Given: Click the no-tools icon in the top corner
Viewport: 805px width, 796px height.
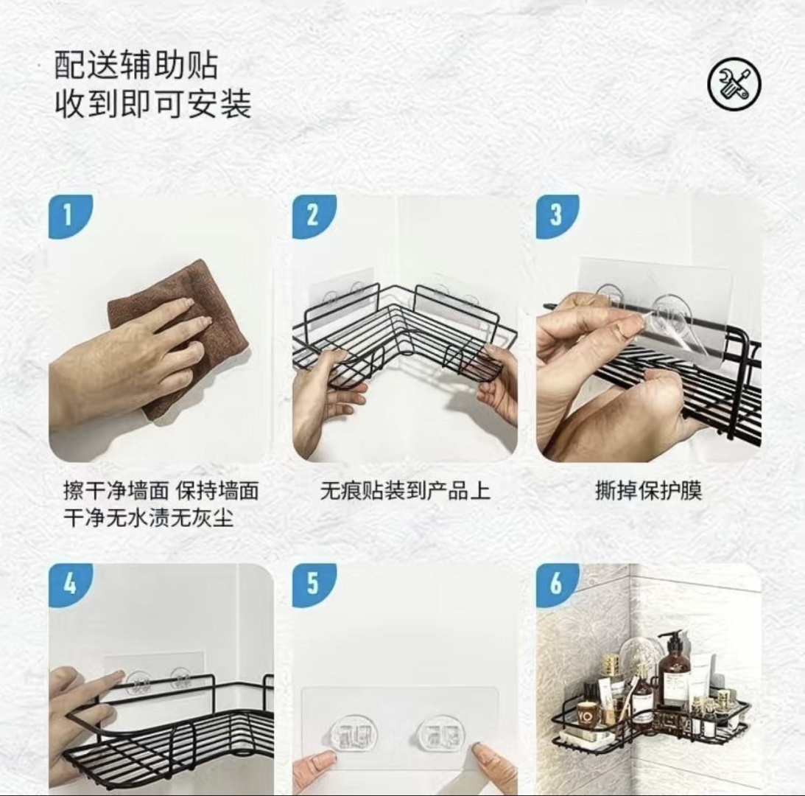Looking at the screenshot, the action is (x=734, y=84).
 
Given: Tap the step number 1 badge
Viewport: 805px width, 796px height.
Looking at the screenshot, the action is (x=70, y=216).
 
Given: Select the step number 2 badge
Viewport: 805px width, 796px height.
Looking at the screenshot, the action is (x=313, y=216).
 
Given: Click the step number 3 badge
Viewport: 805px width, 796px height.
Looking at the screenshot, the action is (x=557, y=216).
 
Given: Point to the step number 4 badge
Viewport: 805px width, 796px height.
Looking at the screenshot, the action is (x=70, y=584).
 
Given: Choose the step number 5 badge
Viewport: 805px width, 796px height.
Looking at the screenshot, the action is (x=313, y=584).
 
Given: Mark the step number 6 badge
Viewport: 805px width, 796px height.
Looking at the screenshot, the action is (x=557, y=584).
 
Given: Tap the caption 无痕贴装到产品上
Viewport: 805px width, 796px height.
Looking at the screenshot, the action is (x=405, y=490).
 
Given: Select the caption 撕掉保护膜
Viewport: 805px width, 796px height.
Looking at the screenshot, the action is (x=648, y=490).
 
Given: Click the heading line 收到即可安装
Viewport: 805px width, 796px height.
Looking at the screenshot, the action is (x=153, y=104).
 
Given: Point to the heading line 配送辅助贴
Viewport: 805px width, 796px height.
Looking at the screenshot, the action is (x=136, y=65).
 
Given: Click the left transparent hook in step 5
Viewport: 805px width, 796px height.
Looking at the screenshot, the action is (x=354, y=734).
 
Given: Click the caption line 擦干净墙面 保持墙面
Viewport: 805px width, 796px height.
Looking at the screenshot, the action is (x=161, y=490).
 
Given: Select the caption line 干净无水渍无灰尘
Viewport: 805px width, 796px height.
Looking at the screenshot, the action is (x=148, y=517).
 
